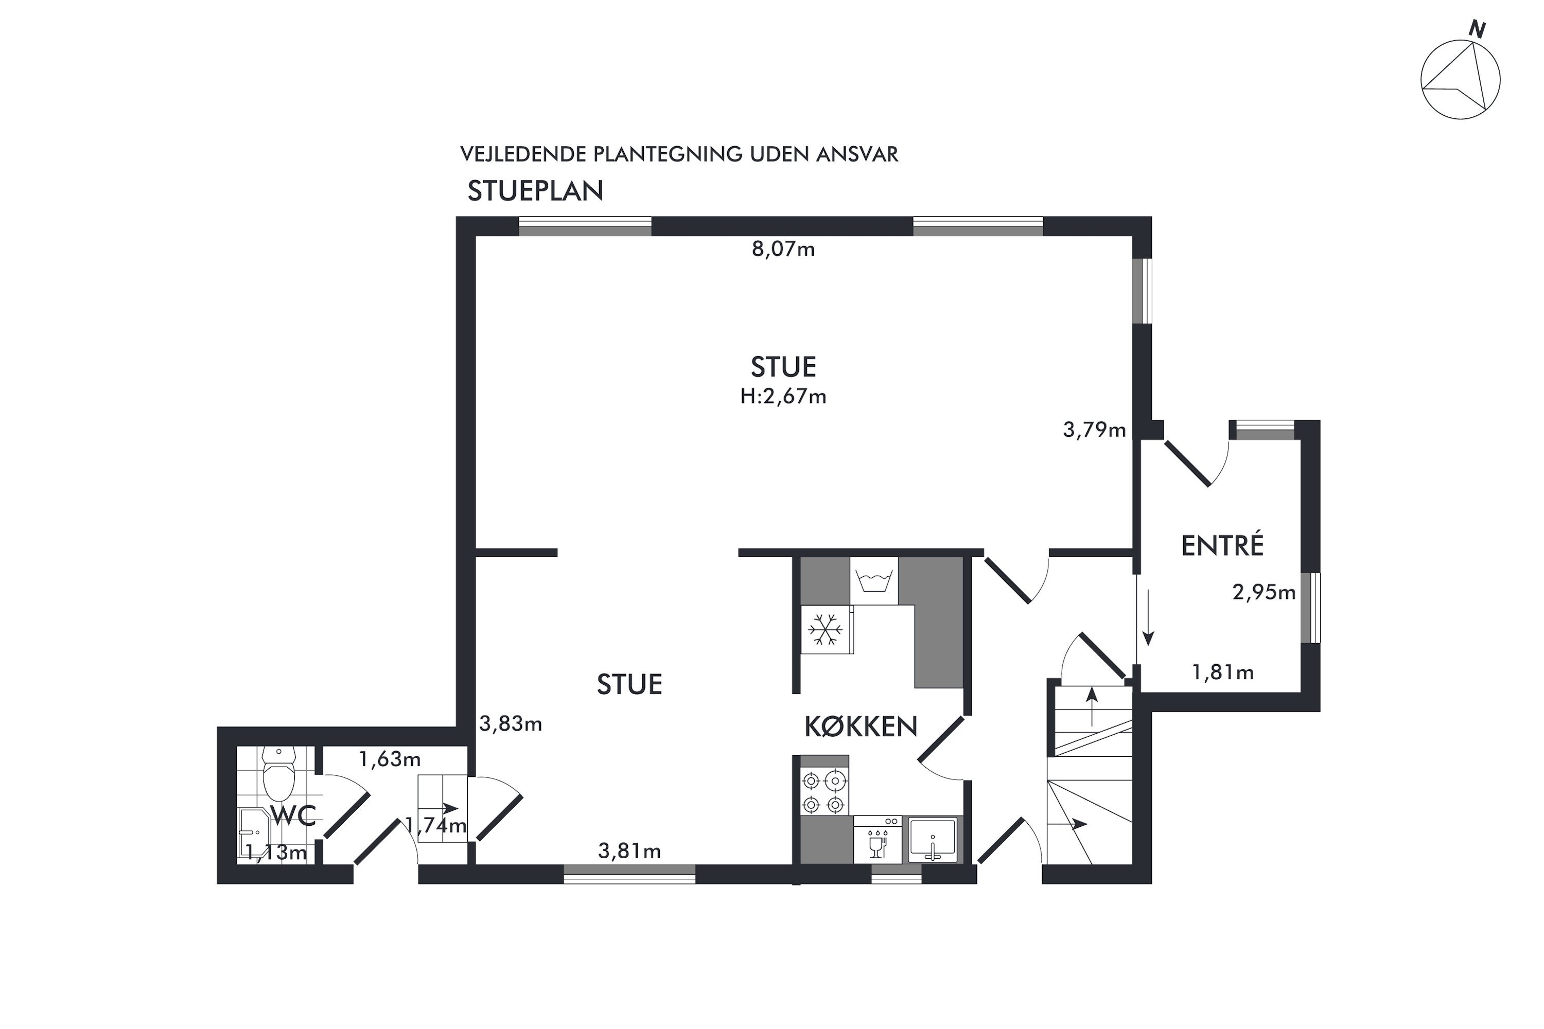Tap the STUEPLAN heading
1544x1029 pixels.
(535, 191)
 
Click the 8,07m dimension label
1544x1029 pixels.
(783, 250)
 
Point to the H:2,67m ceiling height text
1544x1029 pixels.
(783, 396)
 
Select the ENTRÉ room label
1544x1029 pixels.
(1222, 545)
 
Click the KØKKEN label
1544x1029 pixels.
(861, 726)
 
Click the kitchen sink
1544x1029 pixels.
(932, 839)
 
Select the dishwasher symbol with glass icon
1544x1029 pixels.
(878, 840)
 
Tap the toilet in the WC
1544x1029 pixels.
(279, 774)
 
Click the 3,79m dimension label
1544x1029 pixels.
(1094, 431)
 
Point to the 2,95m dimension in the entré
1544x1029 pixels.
(1264, 593)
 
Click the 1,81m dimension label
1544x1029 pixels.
(1223, 672)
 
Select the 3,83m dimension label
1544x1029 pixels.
(511, 724)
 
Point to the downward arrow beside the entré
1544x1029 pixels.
(1148, 617)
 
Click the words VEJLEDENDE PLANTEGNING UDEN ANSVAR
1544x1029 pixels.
(679, 154)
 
